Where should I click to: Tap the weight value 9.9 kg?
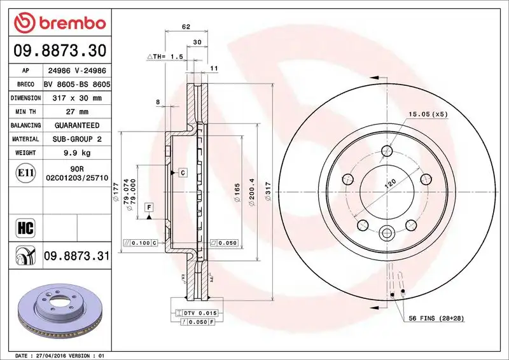pos(76,153)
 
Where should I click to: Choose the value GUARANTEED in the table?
pos(76,125)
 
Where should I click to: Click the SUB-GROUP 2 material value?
pos(76,139)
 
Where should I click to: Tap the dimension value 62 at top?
pos(186,27)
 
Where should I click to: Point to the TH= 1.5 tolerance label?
pos(167,57)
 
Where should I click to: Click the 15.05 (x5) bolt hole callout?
pos(428,114)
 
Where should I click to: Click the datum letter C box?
pos(182,172)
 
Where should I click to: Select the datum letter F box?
pos(148,207)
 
